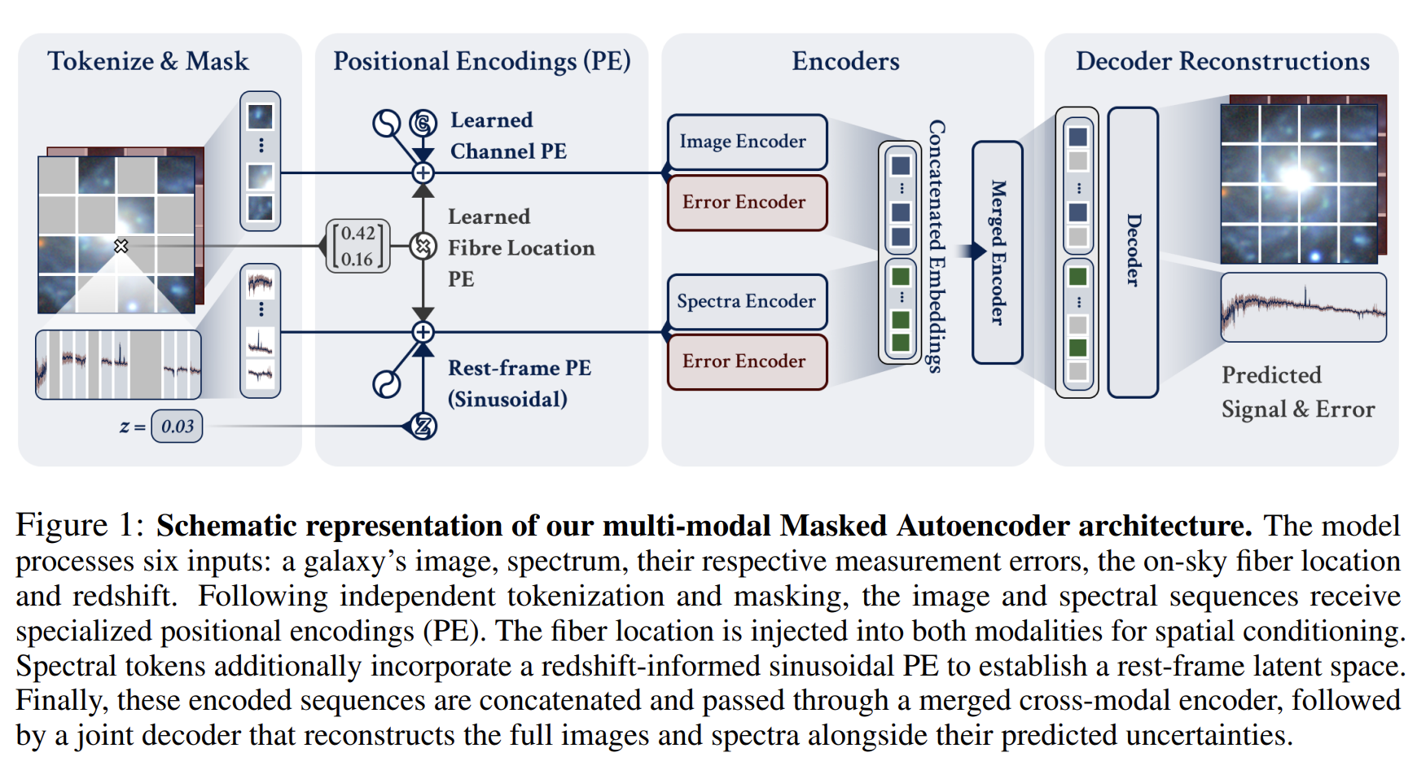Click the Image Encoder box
[747, 142]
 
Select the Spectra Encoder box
[747, 301]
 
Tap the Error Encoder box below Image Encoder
[747, 202]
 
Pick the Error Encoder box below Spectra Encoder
[747, 361]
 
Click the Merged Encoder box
[998, 252]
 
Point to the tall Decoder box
[1133, 252]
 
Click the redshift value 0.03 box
[178, 426]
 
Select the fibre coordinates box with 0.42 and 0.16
[358, 246]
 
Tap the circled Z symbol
[423, 426]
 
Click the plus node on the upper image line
[423, 173]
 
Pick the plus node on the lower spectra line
[423, 332]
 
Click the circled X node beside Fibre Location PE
[423, 245]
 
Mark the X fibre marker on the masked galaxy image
[121, 245]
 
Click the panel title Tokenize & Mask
[148, 61]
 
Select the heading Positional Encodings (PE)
[482, 61]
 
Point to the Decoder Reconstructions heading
[1222, 61]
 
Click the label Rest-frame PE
[520, 368]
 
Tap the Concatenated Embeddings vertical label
[937, 247]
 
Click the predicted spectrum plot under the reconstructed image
[1304, 307]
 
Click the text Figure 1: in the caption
[80, 526]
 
